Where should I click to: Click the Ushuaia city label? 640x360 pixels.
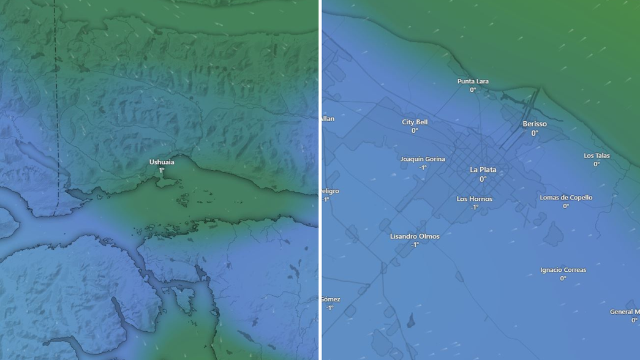click(162, 162)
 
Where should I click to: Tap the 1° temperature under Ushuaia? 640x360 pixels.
click(162, 171)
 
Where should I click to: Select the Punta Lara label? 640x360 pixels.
click(473, 81)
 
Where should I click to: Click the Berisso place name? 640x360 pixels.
click(535, 124)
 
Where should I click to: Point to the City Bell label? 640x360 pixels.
click(415, 122)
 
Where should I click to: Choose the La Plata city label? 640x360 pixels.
click(483, 170)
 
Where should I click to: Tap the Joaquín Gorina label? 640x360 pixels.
click(423, 159)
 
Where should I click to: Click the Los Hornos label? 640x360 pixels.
click(475, 199)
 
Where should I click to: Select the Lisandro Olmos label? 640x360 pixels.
click(415, 236)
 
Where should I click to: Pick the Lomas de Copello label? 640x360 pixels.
click(566, 198)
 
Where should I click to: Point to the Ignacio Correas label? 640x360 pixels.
click(563, 270)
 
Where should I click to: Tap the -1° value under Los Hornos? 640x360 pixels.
click(475, 208)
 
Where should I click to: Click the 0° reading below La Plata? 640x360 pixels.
click(483, 179)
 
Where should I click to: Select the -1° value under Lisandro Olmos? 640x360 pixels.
click(415, 245)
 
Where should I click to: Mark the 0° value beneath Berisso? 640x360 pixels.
click(535, 133)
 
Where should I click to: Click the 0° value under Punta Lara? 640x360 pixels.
click(473, 90)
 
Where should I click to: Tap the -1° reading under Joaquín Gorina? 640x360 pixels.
click(423, 168)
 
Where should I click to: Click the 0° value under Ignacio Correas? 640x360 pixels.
click(563, 279)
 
